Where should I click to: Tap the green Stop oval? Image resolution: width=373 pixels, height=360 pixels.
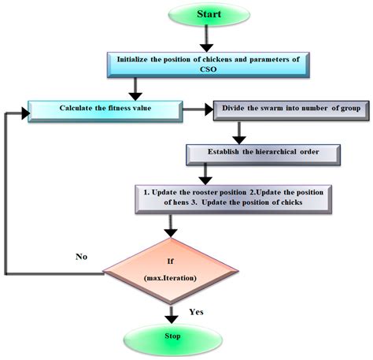click(x=172, y=336)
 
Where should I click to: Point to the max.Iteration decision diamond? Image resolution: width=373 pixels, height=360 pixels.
click(x=172, y=273)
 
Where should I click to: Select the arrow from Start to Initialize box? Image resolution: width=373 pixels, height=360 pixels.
click(x=205, y=39)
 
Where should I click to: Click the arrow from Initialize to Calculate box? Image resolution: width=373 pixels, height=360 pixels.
click(x=138, y=87)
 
